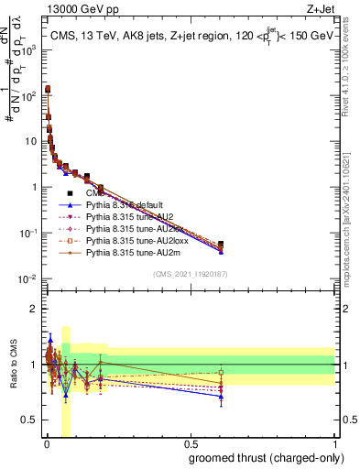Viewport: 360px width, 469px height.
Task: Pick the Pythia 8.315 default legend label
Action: tap(127, 204)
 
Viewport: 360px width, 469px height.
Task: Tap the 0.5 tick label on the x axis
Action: tap(191, 444)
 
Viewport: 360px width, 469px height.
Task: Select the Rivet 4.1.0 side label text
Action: tap(352, 69)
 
